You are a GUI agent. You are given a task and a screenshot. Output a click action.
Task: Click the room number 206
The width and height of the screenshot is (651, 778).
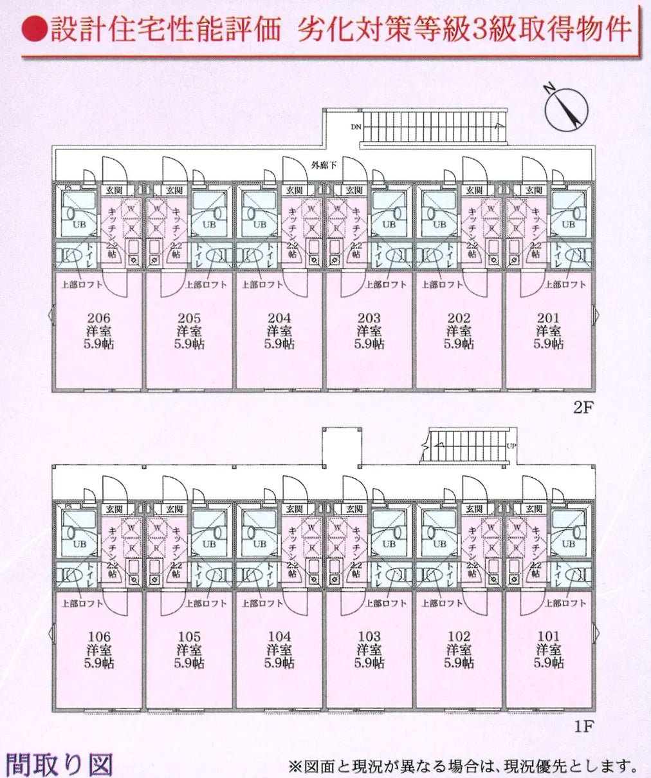[x=99, y=318]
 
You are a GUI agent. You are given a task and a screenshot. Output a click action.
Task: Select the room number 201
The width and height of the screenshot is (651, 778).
[x=549, y=318]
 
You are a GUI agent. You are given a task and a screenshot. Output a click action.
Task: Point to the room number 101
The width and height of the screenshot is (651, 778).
[x=549, y=637]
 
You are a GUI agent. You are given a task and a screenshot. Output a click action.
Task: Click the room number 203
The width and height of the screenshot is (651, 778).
[x=369, y=318]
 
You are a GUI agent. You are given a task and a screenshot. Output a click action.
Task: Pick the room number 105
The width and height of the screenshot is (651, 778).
[x=189, y=637]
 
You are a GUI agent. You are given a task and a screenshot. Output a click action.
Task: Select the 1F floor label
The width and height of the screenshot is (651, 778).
[x=582, y=726]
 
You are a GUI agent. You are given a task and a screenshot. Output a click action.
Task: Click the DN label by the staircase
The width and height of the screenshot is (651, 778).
[x=356, y=127]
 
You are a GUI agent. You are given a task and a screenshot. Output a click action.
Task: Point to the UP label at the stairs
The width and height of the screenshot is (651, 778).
[x=511, y=446]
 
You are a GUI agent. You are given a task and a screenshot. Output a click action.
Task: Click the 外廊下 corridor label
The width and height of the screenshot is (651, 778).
[x=324, y=166]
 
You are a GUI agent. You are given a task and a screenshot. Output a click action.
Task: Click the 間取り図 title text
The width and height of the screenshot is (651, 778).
[x=59, y=763]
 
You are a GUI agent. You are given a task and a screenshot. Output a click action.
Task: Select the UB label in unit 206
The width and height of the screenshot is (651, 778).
[x=79, y=225]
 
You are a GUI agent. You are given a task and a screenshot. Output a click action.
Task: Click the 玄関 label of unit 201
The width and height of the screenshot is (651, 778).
[x=533, y=191]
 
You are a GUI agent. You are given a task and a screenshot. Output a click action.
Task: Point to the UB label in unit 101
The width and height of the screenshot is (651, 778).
[x=568, y=544]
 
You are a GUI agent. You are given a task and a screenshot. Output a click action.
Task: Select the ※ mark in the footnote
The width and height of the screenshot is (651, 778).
[x=295, y=766]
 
